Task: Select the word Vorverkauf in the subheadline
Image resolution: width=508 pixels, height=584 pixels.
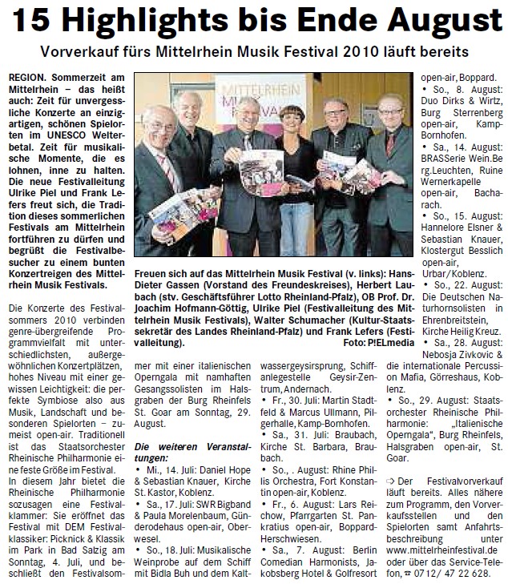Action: pos(86,53)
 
